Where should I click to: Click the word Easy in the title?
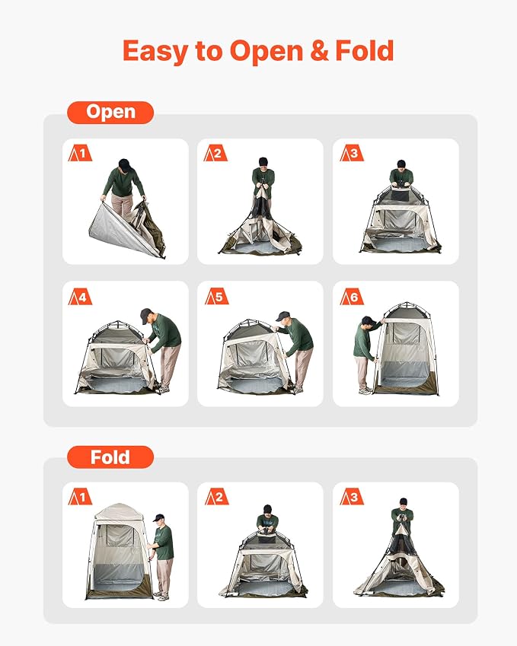pyautogui.click(x=156, y=52)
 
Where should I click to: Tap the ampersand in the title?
pyautogui.click(x=319, y=50)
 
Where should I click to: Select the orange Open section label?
pyautogui.click(x=110, y=113)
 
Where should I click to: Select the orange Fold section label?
pyautogui.click(x=110, y=457)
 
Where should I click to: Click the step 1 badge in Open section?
pyautogui.click(x=80, y=153)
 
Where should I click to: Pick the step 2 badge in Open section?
pyautogui.click(x=215, y=153)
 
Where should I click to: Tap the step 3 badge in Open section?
pyautogui.click(x=352, y=153)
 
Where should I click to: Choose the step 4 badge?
pyautogui.click(x=80, y=297)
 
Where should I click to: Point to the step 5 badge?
pyautogui.click(x=216, y=297)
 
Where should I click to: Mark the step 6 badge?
pyautogui.click(x=352, y=297)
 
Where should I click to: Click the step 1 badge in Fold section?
pyautogui.click(x=80, y=497)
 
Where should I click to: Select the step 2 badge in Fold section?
pyautogui.click(x=216, y=497)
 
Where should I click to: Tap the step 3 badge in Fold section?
pyautogui.click(x=352, y=497)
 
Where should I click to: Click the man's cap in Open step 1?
pyautogui.click(x=125, y=164)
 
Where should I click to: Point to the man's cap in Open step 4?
pyautogui.click(x=146, y=315)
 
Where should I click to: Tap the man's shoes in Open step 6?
pyautogui.click(x=365, y=390)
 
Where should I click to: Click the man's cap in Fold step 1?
pyautogui.click(x=158, y=517)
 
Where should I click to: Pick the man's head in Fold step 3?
pyautogui.click(x=404, y=504)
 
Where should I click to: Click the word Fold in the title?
pyautogui.click(x=365, y=50)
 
